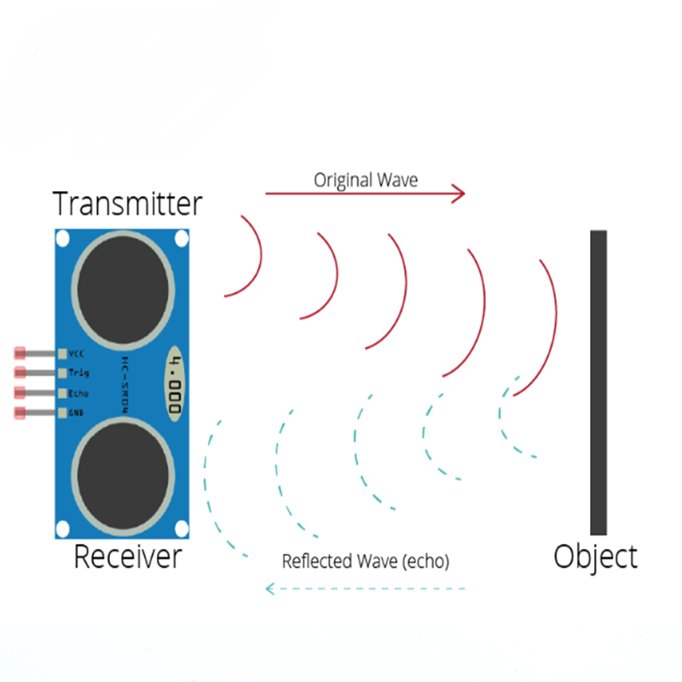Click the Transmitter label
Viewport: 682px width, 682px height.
pyautogui.click(x=127, y=204)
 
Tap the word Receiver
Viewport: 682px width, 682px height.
pyautogui.click(x=128, y=557)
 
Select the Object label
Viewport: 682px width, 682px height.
pyautogui.click(x=595, y=558)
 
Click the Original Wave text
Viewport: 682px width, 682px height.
pyautogui.click(x=366, y=180)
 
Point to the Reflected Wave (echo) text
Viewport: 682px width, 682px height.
pyautogui.click(x=366, y=561)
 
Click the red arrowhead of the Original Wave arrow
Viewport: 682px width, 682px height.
pyautogui.click(x=459, y=194)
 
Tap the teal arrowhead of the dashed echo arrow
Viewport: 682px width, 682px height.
pyautogui.click(x=270, y=589)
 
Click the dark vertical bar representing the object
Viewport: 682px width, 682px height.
pyautogui.click(x=598, y=382)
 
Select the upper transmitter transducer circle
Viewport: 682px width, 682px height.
pyautogui.click(x=123, y=291)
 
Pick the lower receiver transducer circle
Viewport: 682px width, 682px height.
pyautogui.click(x=123, y=477)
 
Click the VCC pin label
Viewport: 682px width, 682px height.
pyautogui.click(x=76, y=354)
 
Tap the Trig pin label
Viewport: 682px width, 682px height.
pyautogui.click(x=78, y=373)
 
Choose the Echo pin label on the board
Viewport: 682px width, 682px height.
pyautogui.click(x=78, y=393)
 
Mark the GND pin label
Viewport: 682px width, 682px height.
pyautogui.click(x=76, y=413)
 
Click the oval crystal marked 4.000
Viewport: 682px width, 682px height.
pyautogui.click(x=175, y=384)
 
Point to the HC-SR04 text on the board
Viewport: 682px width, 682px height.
pyautogui.click(x=124, y=385)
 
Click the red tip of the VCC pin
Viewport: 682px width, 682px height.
pyautogui.click(x=20, y=353)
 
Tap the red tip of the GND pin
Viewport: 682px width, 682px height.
pyautogui.click(x=20, y=413)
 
